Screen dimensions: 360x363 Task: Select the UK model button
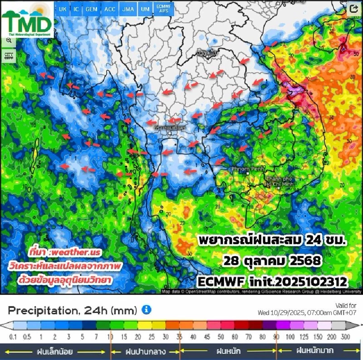click(x=62, y=9)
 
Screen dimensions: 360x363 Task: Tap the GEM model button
click(x=91, y=9)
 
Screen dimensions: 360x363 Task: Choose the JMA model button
click(x=128, y=9)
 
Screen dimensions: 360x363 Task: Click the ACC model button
click(x=110, y=9)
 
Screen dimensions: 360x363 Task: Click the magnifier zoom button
click(x=8, y=42)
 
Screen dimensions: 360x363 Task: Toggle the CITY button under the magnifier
click(x=8, y=56)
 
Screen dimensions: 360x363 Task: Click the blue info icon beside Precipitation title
click(x=146, y=310)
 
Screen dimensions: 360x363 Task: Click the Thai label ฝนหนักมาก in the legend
click(x=315, y=350)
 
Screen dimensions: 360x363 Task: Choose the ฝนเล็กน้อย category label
click(x=55, y=351)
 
